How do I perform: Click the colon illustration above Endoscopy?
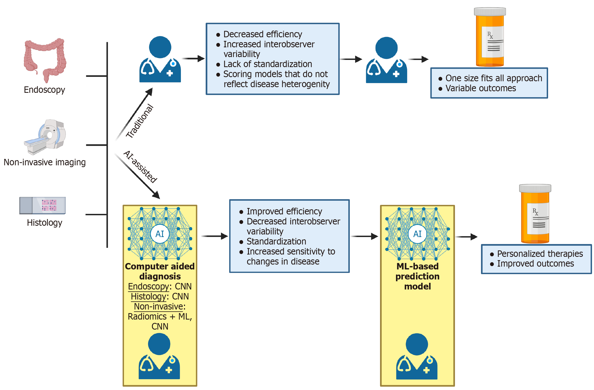[x=45, y=60]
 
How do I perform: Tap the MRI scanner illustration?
[x=45, y=137]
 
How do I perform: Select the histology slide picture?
[x=43, y=205]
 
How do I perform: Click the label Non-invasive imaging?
[x=45, y=162]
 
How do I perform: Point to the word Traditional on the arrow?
[x=140, y=121]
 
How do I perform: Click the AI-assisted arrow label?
[x=140, y=167]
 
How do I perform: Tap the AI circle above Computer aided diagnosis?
[x=160, y=234]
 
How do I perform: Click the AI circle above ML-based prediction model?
[x=417, y=234]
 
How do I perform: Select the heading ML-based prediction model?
[x=417, y=276]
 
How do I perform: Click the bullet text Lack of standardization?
[x=268, y=64]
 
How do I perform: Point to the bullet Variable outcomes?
[x=481, y=88]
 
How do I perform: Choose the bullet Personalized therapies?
[x=540, y=254]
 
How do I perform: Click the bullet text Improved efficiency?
[x=284, y=211]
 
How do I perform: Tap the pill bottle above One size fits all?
[x=490, y=37]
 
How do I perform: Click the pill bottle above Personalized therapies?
[x=535, y=214]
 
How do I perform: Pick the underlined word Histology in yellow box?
[x=149, y=296]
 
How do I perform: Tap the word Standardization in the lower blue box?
[x=276, y=241]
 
